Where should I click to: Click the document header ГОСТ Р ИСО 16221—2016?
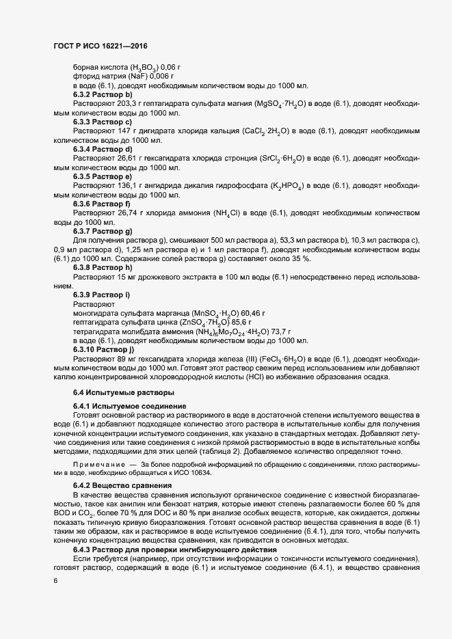[x=100, y=44]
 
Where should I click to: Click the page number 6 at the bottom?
[x=56, y=580]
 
